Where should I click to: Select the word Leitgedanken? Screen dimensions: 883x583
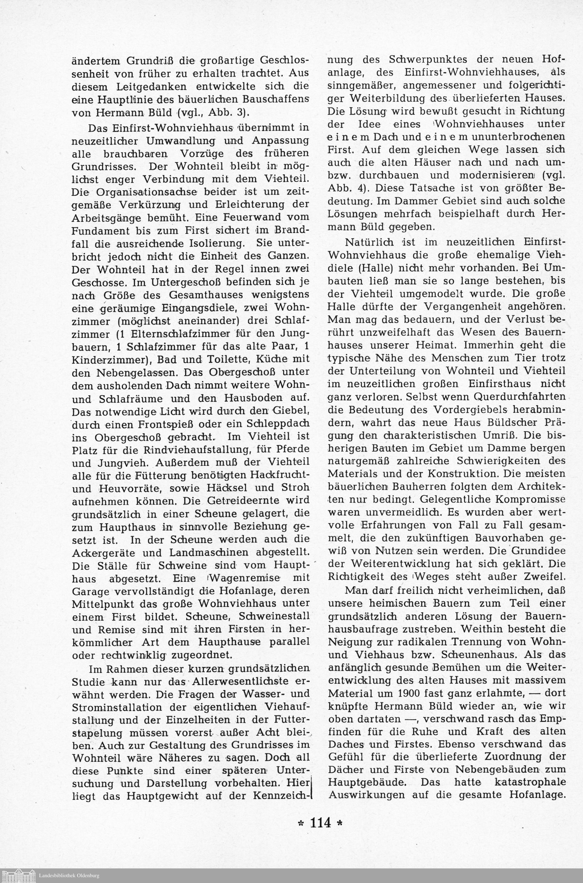141,87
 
